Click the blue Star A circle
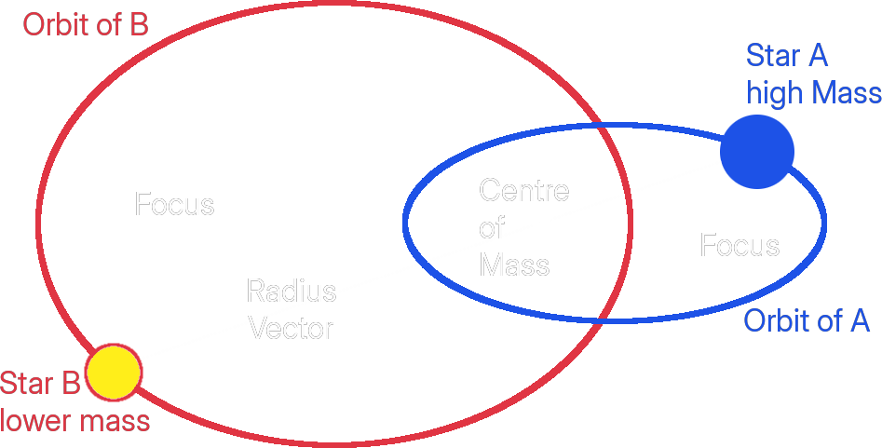pos(757,151)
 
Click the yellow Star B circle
pos(113,371)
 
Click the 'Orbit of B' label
pos(86,25)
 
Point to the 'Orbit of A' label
pos(807,321)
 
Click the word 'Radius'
pos(291,292)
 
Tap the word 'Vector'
pos(292,328)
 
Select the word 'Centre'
pos(523,191)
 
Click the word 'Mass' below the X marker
pos(514,265)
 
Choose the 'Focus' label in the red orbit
pos(174,204)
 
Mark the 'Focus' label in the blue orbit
pos(740,246)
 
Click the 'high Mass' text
pos(813,93)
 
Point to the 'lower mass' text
pos(75,421)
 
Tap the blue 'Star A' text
pos(787,56)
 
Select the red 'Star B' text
pos(40,384)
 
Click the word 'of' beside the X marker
pos(492,227)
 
